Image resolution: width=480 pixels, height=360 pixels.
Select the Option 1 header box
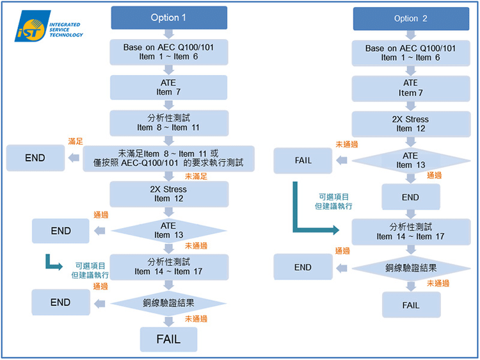coord(168,17)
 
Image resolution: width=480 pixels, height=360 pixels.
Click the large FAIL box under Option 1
coord(168,339)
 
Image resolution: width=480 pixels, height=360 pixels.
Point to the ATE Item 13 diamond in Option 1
coord(168,231)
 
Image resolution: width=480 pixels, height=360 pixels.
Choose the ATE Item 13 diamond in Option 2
coord(410,160)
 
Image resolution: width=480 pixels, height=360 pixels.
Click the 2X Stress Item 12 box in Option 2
coord(410,124)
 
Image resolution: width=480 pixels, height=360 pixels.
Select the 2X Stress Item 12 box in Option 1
coord(168,194)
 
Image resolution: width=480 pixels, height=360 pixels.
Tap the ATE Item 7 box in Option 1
coord(168,88)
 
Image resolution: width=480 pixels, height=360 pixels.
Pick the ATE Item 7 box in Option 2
coord(410,88)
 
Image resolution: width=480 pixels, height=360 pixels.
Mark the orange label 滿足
coord(76,141)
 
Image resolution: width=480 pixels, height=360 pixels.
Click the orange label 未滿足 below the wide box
coord(196,176)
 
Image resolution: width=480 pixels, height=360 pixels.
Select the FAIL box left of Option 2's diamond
coord(303,160)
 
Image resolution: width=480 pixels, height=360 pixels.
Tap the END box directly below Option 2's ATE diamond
coord(410,197)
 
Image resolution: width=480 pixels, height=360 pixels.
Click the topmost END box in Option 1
coord(35,158)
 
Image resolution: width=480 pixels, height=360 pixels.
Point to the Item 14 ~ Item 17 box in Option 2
coord(410,231)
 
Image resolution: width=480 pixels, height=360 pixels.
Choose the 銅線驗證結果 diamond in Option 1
coord(168,302)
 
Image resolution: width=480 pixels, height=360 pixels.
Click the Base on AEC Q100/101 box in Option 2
coord(410,53)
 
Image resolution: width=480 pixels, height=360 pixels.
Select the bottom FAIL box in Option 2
coord(410,305)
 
